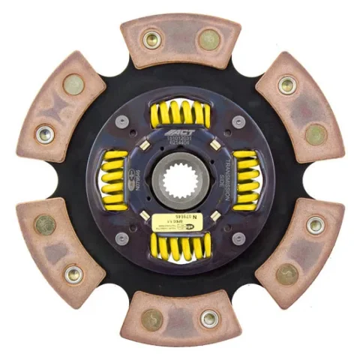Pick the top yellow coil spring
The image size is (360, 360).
click(x=180, y=115)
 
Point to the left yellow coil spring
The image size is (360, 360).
click(x=115, y=180)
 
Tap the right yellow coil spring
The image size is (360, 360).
click(x=245, y=180)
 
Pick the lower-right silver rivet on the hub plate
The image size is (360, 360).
click(x=238, y=238)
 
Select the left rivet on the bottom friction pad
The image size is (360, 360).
click(x=152, y=320)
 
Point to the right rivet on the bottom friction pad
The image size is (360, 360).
click(x=209, y=319)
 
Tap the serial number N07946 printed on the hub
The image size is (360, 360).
click(x=137, y=180)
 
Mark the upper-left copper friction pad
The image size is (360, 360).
click(x=60, y=106)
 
